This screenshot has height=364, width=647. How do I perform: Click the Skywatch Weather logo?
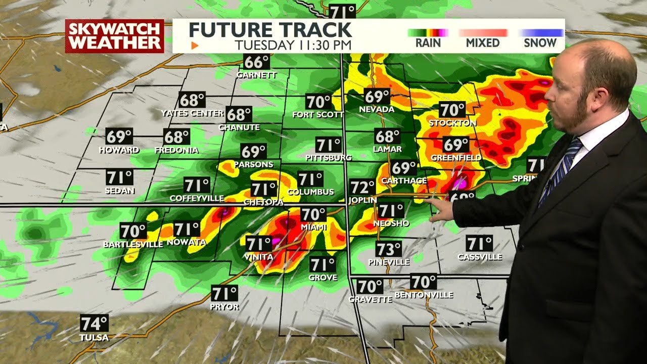114,36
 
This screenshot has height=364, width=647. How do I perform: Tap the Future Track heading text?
270,29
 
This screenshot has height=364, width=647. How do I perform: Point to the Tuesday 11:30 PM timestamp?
293,44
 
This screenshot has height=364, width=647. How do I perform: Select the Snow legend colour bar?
540,33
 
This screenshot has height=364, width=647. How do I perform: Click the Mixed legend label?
483,43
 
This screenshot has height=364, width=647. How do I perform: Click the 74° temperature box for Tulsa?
94,323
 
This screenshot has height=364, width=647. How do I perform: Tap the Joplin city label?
362,200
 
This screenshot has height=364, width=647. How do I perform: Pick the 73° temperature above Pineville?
389,249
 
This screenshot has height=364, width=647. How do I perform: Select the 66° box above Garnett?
256,62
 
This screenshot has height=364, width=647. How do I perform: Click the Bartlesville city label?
133,245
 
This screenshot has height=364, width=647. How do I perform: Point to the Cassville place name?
480,257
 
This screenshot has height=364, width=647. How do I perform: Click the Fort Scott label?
318,115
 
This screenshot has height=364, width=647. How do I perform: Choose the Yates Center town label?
192,113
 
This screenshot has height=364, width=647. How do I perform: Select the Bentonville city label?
424,295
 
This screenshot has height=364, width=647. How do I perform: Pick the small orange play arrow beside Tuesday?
195,45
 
